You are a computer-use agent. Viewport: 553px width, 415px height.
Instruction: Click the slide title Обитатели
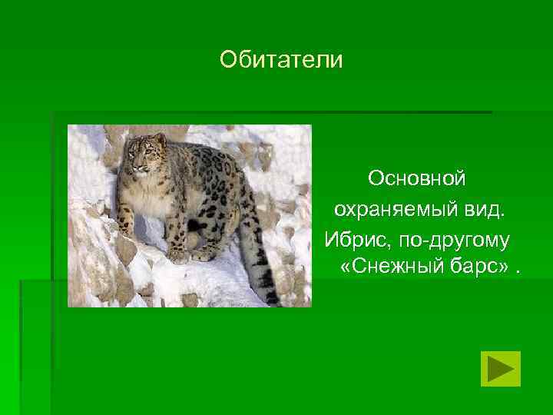coord(280,59)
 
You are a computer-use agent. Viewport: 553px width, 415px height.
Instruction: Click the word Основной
coord(416,178)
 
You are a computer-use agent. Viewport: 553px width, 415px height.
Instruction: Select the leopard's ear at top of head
coord(160,138)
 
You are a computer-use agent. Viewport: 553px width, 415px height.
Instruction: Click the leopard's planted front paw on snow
coord(177,257)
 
